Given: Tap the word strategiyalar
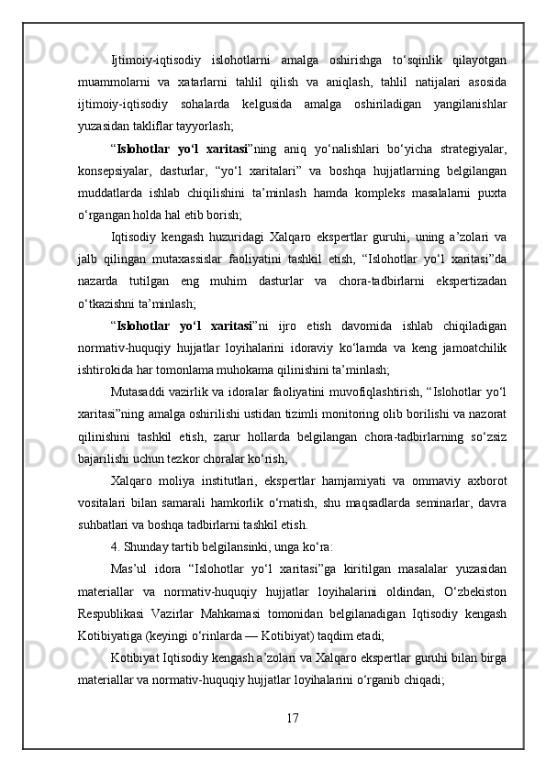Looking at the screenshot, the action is [x=471, y=148].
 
